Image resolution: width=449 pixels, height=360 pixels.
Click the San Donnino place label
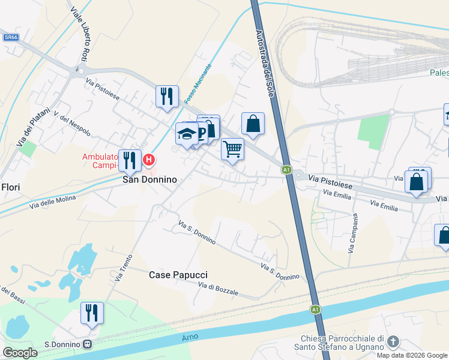pyautogui.click(x=149, y=179)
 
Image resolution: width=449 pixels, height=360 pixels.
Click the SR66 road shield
pyautogui.click(x=10, y=37)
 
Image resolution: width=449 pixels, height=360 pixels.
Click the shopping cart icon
pyautogui.click(x=232, y=148)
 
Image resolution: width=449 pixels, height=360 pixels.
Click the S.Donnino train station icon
pyautogui.click(x=88, y=344)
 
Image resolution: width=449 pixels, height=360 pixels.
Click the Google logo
pyautogui.click(x=20, y=353)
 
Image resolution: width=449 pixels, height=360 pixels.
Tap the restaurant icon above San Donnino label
pyautogui.click(x=130, y=160)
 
